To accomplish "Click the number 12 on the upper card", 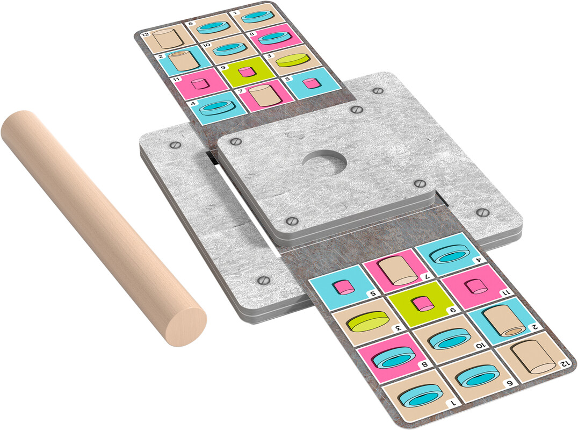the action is tap(145, 34).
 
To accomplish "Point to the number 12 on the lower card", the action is tap(563, 363).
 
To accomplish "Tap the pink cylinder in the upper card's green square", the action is tap(246, 71).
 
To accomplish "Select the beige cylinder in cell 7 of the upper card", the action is tap(264, 96).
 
